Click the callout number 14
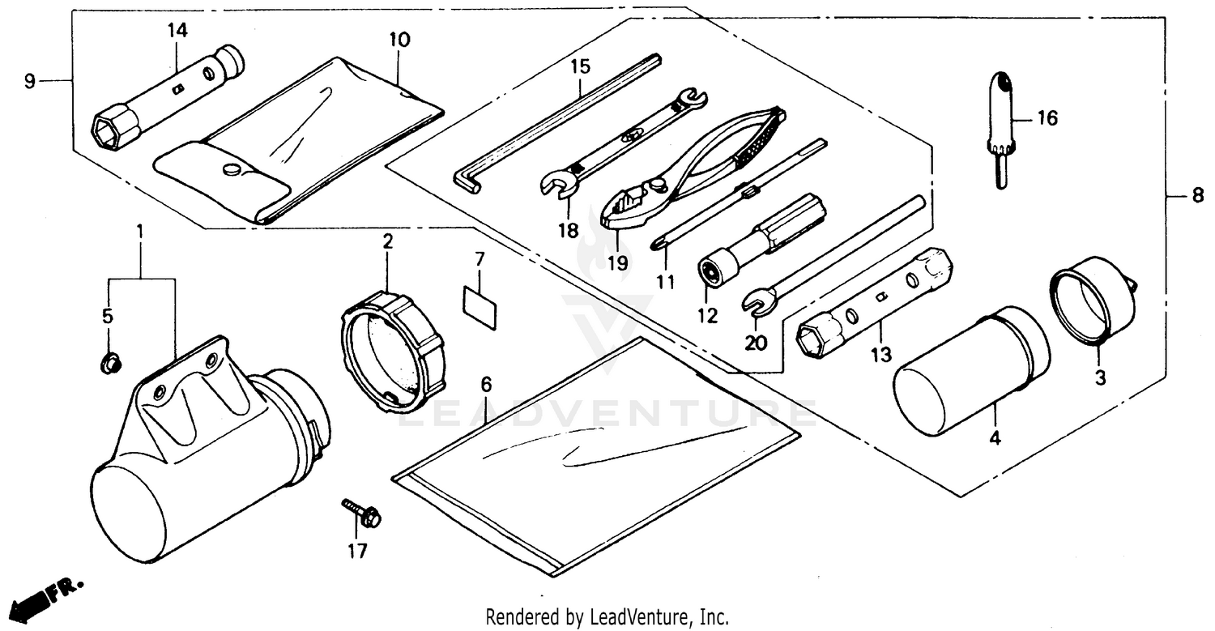[x=177, y=31]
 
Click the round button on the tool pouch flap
[x=230, y=169]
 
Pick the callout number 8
[x=1197, y=197]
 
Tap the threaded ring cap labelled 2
[x=392, y=348]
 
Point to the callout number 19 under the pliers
[x=617, y=262]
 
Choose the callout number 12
[x=709, y=316]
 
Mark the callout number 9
[x=30, y=81]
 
